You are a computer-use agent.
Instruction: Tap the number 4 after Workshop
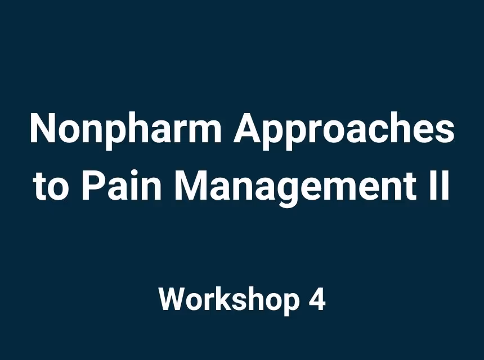click(317, 299)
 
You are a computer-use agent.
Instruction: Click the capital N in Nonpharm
click(43, 129)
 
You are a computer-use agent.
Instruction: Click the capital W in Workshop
click(172, 299)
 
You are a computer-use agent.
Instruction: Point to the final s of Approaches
click(444, 133)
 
